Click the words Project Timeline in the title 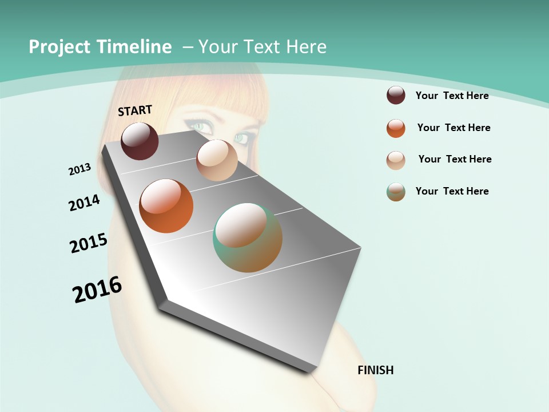pos(100,47)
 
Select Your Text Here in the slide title pos(262,47)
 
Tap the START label pos(135,110)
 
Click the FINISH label pos(376,370)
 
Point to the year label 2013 pos(80,169)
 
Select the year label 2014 pos(85,203)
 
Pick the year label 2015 pos(89,243)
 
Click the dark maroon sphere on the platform pos(140,141)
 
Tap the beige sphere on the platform pos(217,160)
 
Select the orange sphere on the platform pos(166,206)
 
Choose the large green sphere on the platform pos(248,237)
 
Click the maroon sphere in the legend pos(396,95)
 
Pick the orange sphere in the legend pos(396,128)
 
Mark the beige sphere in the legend pos(396,160)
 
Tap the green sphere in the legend pos(396,192)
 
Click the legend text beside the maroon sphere pos(452,96)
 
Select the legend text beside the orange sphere pos(453,128)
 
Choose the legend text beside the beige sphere pos(455,159)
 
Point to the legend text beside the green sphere pos(452,191)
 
